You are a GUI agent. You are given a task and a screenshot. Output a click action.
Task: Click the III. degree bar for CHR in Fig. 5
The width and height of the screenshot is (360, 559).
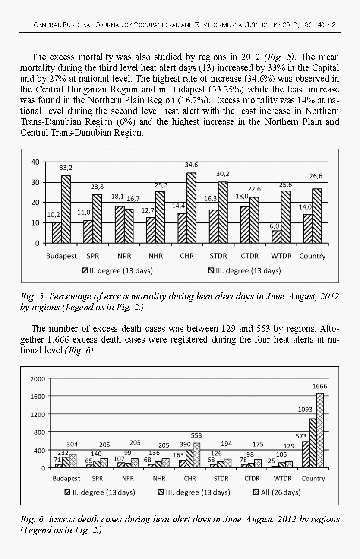(x=191, y=207)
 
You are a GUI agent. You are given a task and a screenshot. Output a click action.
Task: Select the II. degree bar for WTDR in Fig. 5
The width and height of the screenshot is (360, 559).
(x=276, y=237)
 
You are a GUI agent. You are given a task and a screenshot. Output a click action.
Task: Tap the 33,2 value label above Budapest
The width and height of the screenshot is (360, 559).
(x=66, y=167)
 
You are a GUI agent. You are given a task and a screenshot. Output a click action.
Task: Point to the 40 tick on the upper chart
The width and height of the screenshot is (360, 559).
(x=35, y=162)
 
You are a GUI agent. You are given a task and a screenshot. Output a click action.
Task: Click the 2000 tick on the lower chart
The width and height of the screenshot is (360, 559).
(x=38, y=379)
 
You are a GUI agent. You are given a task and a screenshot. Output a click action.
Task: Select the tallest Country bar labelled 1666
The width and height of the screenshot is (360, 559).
(x=320, y=430)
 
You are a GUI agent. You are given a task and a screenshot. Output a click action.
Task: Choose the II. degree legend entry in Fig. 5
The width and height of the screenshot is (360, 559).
(x=117, y=271)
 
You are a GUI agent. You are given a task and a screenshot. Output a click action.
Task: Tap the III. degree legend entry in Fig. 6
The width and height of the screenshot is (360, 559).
(x=194, y=492)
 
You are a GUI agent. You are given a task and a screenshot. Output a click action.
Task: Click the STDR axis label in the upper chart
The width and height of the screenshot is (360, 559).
(x=218, y=256)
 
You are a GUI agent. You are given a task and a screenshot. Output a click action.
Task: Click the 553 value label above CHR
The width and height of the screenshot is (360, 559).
(x=196, y=436)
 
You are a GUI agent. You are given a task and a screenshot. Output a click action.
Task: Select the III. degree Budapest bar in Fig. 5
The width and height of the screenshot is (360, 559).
(x=66, y=209)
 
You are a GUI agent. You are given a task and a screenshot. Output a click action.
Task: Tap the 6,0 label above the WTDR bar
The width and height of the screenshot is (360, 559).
(x=275, y=226)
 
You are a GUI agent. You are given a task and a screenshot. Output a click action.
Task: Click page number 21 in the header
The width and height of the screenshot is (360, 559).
(x=335, y=25)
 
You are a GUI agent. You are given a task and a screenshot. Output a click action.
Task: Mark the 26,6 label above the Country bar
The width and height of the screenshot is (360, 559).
(x=316, y=176)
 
